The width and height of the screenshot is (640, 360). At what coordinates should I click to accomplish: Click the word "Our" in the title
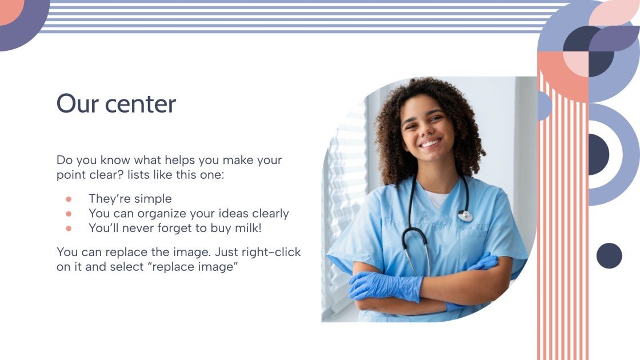click(75, 104)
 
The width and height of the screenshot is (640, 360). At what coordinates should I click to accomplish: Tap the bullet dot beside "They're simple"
click(69, 199)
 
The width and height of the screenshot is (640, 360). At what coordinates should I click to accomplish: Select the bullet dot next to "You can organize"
click(69, 214)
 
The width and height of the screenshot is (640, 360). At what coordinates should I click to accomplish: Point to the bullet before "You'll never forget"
click(69, 228)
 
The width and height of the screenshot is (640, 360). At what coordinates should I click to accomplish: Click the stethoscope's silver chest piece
click(465, 215)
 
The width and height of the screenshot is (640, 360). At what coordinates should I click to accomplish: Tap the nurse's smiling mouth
click(430, 143)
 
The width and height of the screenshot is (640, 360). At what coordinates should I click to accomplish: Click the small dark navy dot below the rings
click(609, 255)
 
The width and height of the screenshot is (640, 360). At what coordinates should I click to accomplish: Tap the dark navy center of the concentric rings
click(598, 154)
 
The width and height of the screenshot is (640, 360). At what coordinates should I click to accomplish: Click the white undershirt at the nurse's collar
click(437, 199)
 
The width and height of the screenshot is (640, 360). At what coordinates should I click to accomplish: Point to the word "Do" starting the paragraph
click(65, 160)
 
